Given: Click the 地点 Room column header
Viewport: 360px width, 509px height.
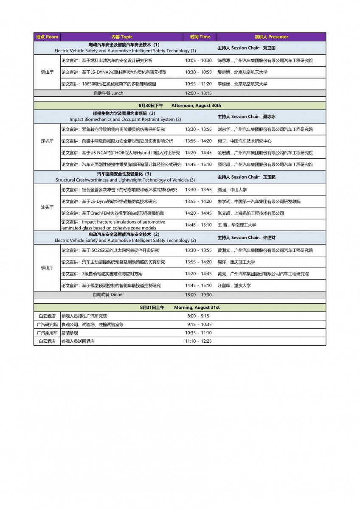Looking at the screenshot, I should point(47,37).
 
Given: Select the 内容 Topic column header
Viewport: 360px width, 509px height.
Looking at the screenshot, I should point(122,37).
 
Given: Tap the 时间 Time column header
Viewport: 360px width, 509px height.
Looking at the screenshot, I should point(200,37).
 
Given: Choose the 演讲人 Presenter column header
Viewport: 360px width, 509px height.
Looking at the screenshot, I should point(271,37).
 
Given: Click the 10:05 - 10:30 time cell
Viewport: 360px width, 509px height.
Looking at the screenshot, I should point(198,61).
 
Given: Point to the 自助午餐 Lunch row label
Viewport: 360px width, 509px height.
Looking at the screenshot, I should point(108,93).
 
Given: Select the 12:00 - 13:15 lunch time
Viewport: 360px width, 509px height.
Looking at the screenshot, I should point(198,93).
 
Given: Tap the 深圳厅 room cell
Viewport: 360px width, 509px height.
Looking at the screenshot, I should point(47,141).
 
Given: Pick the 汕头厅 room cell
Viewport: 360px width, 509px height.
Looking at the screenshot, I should point(47,207).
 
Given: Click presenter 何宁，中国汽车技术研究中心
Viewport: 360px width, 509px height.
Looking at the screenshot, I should point(245,141).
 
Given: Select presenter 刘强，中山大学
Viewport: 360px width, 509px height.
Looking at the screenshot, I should point(232,190).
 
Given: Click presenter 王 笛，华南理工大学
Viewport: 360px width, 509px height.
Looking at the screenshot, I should point(237,225).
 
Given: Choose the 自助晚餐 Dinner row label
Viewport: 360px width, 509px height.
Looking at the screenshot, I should point(108,295).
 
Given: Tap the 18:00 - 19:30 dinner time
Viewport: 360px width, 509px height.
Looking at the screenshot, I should point(198,295).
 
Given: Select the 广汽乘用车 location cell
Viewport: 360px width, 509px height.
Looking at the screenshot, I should point(47,333).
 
